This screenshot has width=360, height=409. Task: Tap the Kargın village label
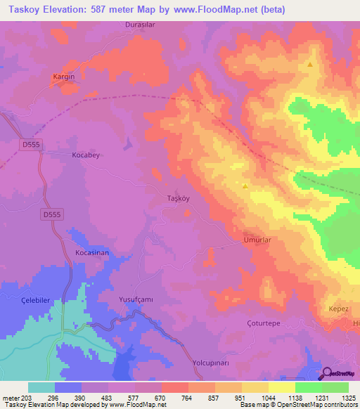(64, 76)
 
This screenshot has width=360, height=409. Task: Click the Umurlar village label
(257, 240)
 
